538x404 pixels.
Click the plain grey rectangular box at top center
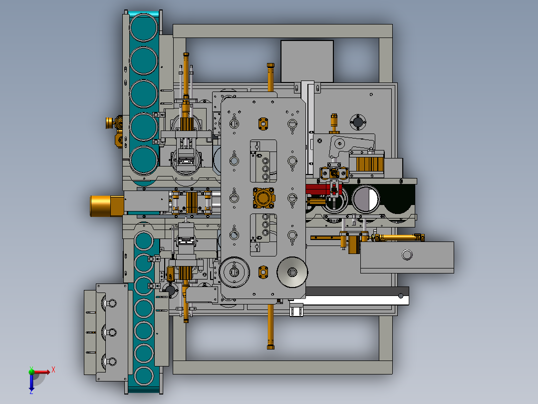point(307,60)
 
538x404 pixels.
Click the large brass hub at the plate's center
point(264,198)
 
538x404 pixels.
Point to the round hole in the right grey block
point(407,255)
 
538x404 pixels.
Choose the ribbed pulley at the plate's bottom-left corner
point(234,272)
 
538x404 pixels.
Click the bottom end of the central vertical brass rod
point(270,345)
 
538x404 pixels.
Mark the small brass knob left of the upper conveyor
point(109,122)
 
